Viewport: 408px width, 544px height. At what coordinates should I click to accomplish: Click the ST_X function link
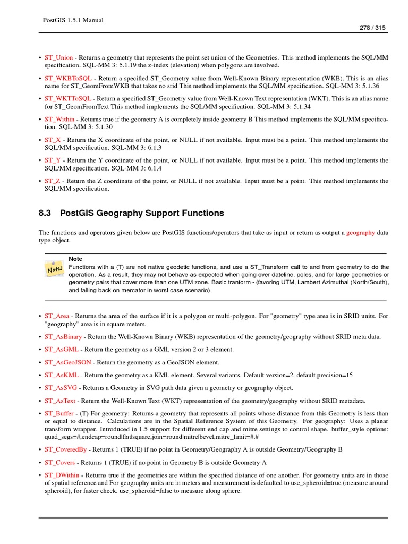(53, 140)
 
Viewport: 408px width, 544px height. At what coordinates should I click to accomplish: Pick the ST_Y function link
(53, 160)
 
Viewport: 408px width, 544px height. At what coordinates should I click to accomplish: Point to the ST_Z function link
(53, 181)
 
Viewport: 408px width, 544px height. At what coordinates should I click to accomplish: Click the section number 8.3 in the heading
(45, 213)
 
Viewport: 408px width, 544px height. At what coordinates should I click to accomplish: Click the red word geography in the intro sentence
(361, 232)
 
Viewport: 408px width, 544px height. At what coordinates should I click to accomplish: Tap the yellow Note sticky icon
(55, 270)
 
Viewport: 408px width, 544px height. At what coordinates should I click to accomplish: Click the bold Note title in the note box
(75, 259)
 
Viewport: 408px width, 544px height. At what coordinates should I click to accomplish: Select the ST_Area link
(57, 316)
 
